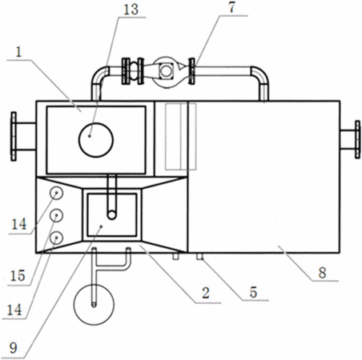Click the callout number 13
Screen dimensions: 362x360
(x=131, y=10)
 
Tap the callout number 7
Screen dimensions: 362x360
(x=231, y=7)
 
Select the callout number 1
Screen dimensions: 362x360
(x=18, y=52)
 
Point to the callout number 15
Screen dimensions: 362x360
(x=18, y=275)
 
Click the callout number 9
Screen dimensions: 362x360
(x=14, y=348)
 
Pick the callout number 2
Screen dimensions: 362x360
(x=206, y=293)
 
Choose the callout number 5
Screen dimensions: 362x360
(x=253, y=292)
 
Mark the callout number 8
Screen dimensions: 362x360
(x=322, y=273)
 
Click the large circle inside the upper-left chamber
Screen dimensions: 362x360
(x=96, y=140)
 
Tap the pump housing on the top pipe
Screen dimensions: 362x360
(x=166, y=71)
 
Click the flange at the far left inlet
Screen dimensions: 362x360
(x=14, y=136)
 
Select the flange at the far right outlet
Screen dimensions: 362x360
(x=357, y=139)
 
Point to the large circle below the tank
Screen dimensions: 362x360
(x=94, y=305)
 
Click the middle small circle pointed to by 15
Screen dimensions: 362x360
(x=56, y=215)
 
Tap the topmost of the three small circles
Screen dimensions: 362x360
(x=56, y=193)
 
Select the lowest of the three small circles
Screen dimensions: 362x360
(x=56, y=238)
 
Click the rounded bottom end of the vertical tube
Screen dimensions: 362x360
(x=112, y=215)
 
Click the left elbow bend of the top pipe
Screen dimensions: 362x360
(x=99, y=76)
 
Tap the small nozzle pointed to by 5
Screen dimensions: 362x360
(x=200, y=256)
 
